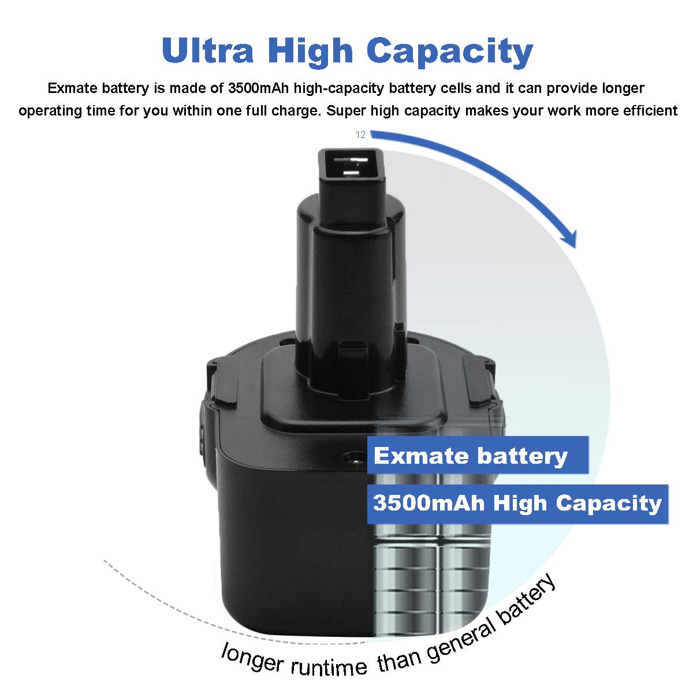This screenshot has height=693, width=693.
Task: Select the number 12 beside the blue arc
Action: (361, 135)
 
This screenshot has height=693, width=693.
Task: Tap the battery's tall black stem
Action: (346, 271)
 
